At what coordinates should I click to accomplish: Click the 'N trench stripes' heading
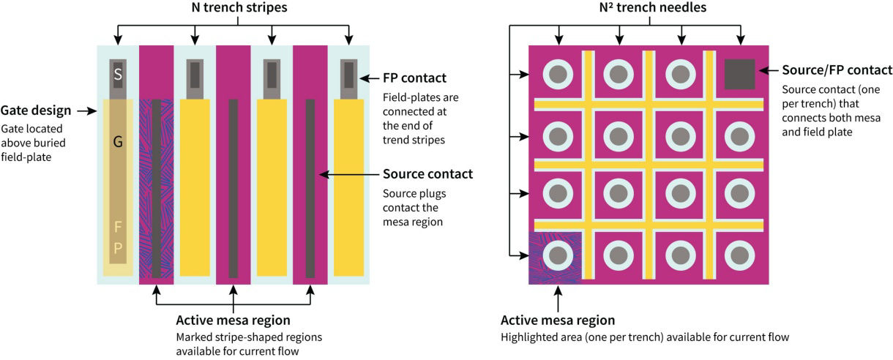pos(233,9)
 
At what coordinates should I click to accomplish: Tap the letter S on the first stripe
pos(117,74)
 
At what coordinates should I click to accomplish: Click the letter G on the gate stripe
pos(117,142)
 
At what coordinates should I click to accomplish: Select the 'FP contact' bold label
pos(414,78)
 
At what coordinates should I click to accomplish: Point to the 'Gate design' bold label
pos(36,110)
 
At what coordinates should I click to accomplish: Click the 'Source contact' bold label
pos(427,174)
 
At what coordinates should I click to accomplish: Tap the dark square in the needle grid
pos(739,73)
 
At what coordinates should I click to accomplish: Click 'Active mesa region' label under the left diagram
pos(233,320)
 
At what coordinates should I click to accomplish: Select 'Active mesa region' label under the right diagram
pos(558,320)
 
